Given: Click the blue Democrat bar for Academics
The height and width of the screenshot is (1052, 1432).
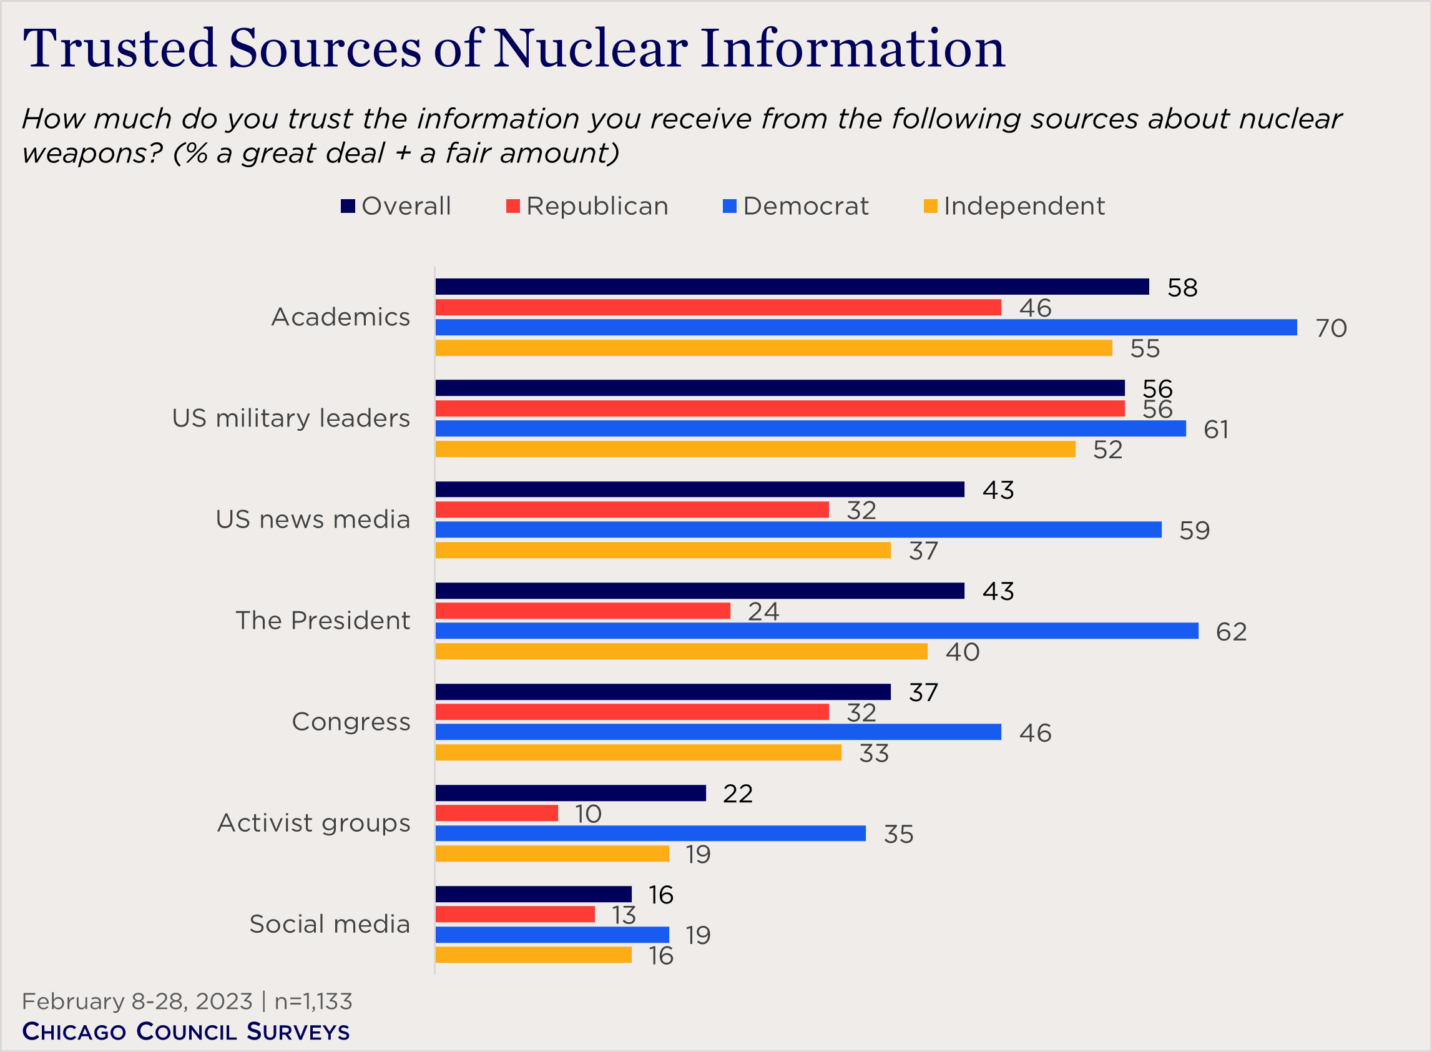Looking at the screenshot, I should [x=865, y=327].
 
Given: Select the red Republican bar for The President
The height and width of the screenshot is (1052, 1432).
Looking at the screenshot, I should [x=582, y=611].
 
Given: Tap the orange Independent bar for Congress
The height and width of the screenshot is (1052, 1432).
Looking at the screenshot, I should [x=638, y=753].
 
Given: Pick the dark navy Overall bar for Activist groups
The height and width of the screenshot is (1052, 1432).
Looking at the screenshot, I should [x=571, y=793].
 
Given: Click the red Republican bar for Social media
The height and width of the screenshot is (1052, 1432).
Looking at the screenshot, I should [x=514, y=915].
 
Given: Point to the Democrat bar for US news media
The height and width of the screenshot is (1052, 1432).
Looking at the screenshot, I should [x=798, y=530].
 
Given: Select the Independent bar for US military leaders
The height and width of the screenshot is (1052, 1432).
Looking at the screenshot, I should [x=755, y=449].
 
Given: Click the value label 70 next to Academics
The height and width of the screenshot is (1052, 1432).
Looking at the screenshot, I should [x=1331, y=328].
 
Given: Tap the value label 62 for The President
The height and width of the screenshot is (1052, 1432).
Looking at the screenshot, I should [x=1231, y=632].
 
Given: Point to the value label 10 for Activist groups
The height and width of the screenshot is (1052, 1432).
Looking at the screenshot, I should [x=587, y=814].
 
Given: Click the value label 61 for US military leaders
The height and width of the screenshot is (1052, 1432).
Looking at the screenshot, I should [x=1215, y=430].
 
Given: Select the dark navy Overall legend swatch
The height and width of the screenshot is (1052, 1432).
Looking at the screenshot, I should [x=348, y=206].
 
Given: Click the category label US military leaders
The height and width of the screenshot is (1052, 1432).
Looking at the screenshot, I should [x=291, y=418].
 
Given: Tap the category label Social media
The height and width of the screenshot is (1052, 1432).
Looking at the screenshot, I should [x=329, y=924].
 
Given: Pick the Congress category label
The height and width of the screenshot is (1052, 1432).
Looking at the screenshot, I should [x=351, y=722].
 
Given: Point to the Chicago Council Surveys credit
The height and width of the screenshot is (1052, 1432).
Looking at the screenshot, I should [x=186, y=1031].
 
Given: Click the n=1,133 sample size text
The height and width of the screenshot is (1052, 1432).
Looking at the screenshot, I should [x=313, y=1001].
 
